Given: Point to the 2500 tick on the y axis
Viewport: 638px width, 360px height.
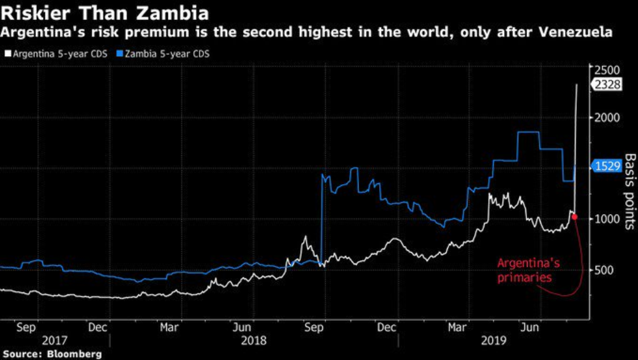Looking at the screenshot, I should coord(607,69).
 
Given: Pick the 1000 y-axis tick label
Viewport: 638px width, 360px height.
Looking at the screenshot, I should coord(607,219).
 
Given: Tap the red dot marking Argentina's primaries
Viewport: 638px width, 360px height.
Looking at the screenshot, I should coord(574,217).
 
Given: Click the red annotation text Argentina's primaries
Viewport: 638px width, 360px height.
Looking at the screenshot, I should coord(528,270).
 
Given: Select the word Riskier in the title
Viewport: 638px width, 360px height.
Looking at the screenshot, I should coord(32,11).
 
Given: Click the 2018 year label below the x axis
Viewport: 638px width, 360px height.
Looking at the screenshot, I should coord(254,341).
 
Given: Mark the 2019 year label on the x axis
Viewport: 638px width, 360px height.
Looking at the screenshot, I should coord(494,341).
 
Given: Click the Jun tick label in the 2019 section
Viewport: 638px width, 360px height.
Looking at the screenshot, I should coord(530,326).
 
